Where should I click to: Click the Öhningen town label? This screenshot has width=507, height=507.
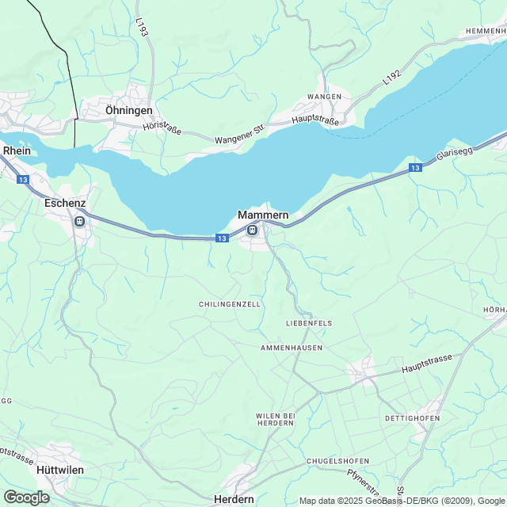[x=128, y=110]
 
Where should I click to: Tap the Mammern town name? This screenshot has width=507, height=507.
[x=263, y=215]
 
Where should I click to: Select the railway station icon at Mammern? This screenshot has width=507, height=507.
[x=251, y=231]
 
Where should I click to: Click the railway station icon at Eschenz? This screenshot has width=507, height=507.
[x=78, y=221]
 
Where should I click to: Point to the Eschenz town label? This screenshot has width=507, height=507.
[x=65, y=203]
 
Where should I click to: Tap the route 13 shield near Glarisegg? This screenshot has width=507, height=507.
[x=415, y=168]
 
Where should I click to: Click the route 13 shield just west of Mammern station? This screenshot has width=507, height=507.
[x=221, y=238]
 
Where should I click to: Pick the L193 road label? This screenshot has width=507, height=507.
[x=141, y=28]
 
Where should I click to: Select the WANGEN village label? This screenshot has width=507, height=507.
[x=325, y=97]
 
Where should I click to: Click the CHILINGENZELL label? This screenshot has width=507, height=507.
[x=230, y=304]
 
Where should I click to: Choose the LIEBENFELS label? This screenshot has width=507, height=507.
[x=308, y=323]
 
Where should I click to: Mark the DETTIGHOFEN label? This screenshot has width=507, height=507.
[x=412, y=417]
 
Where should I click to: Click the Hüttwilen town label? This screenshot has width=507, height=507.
[x=60, y=469]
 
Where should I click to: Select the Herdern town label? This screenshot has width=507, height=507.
[x=234, y=499]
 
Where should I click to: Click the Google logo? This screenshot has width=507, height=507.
[x=26, y=497]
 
